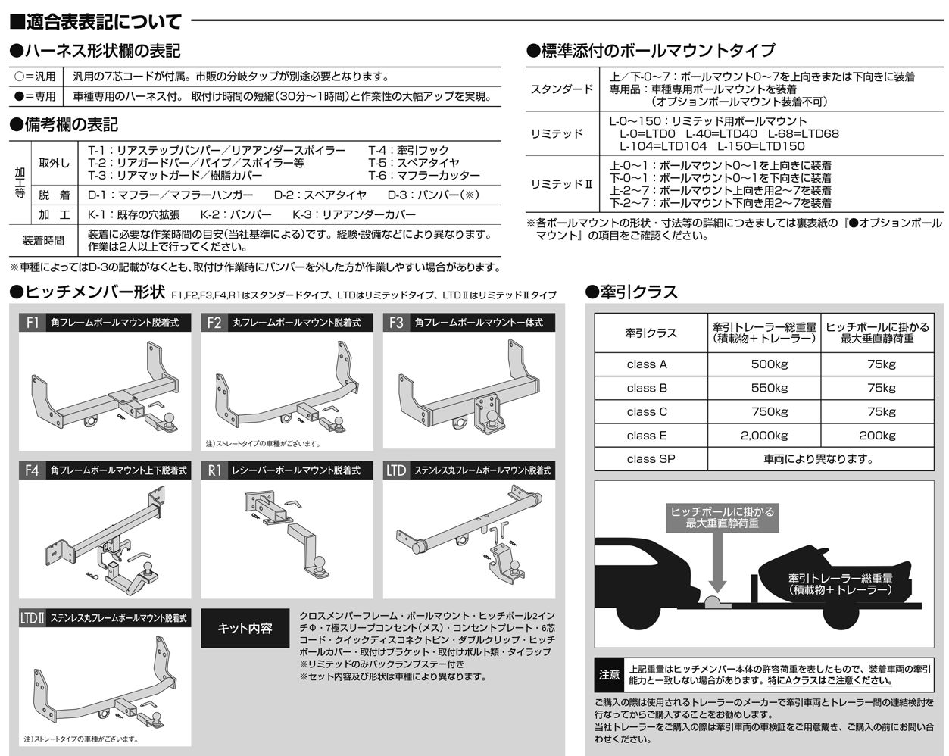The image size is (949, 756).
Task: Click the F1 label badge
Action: coord(33,323)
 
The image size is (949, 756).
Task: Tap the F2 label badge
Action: coord(214,323)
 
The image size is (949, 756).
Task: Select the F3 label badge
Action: coord(396,323)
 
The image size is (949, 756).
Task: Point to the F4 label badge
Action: coord(33,470)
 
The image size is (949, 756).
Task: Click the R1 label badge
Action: coord(214,470)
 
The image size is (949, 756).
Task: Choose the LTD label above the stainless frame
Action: coord(396,470)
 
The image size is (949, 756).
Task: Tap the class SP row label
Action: coord(651,459)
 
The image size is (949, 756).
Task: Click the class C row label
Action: coord(647,412)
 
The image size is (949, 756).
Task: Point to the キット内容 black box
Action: coord(245,628)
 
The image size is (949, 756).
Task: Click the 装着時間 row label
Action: coord(43,241)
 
